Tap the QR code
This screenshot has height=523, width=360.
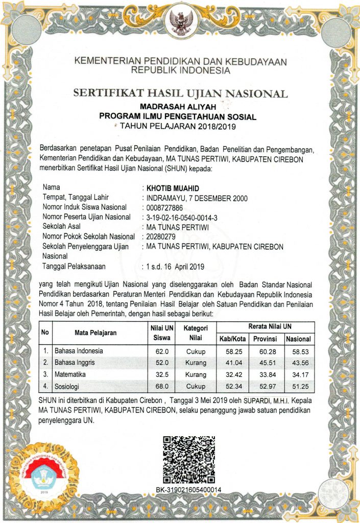coord(189,459)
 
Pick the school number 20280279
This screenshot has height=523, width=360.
coord(160,236)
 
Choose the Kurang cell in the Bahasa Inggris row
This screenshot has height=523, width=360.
coord(196,363)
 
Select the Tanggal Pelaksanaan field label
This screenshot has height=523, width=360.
coord(74,266)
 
